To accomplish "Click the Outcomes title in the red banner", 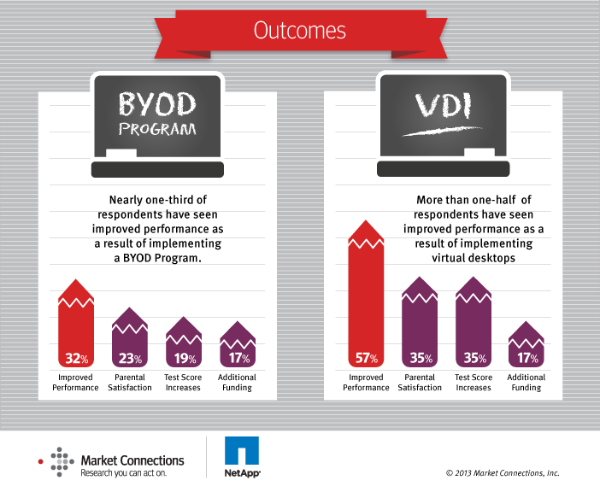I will (299, 30).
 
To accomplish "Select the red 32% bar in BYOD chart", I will (76, 325).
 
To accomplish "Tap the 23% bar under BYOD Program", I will (130, 337).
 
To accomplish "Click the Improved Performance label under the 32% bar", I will (76, 383).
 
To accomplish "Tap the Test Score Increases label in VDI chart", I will (474, 383).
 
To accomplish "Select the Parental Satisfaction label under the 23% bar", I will (130, 383).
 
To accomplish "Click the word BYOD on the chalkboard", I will (157, 106).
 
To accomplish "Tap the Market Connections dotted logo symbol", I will (59, 461).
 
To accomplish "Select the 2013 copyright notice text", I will (503, 472).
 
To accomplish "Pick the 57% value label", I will (366, 359).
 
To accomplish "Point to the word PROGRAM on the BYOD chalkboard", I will (157, 131).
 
